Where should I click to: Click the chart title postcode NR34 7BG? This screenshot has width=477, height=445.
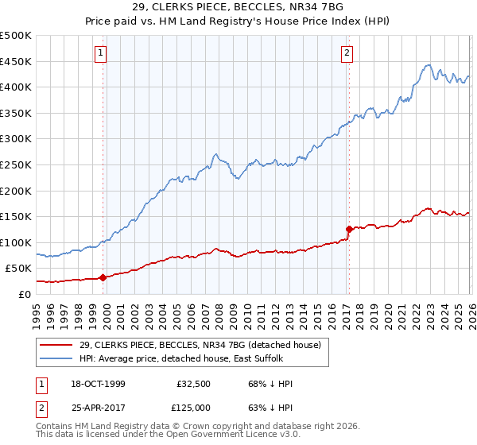pyautogui.click(x=325, y=6)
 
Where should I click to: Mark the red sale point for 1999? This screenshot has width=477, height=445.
pyautogui.click(x=103, y=277)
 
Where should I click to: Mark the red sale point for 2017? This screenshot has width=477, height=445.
pyautogui.click(x=348, y=230)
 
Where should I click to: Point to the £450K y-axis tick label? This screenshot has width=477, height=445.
pyautogui.click(x=16, y=61)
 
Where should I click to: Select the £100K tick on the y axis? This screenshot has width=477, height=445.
pyautogui.click(x=16, y=242)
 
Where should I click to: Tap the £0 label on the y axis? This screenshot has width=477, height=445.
pyautogui.click(x=24, y=294)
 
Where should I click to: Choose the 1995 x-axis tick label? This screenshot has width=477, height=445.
pyautogui.click(x=37, y=311)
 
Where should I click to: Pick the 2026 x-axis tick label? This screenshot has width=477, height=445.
pyautogui.click(x=470, y=311)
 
